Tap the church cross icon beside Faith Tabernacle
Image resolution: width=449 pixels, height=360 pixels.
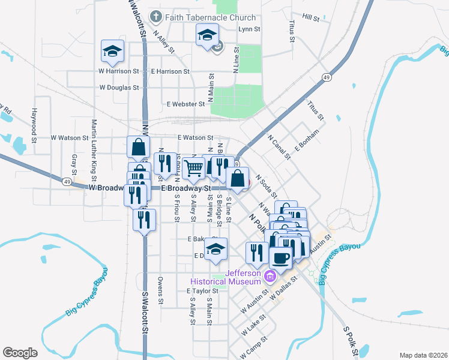point(156,17)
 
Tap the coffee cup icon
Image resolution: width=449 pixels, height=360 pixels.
point(280,258)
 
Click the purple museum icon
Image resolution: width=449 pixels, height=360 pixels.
point(270,276)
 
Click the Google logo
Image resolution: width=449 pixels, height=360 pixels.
point(20,352)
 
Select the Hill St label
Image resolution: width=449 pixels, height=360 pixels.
point(311,18)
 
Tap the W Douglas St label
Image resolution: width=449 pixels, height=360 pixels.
point(119,87)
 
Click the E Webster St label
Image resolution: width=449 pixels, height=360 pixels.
point(187,104)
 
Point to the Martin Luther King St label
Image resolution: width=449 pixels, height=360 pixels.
point(94,150)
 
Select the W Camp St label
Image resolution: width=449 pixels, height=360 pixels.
point(256,347)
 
